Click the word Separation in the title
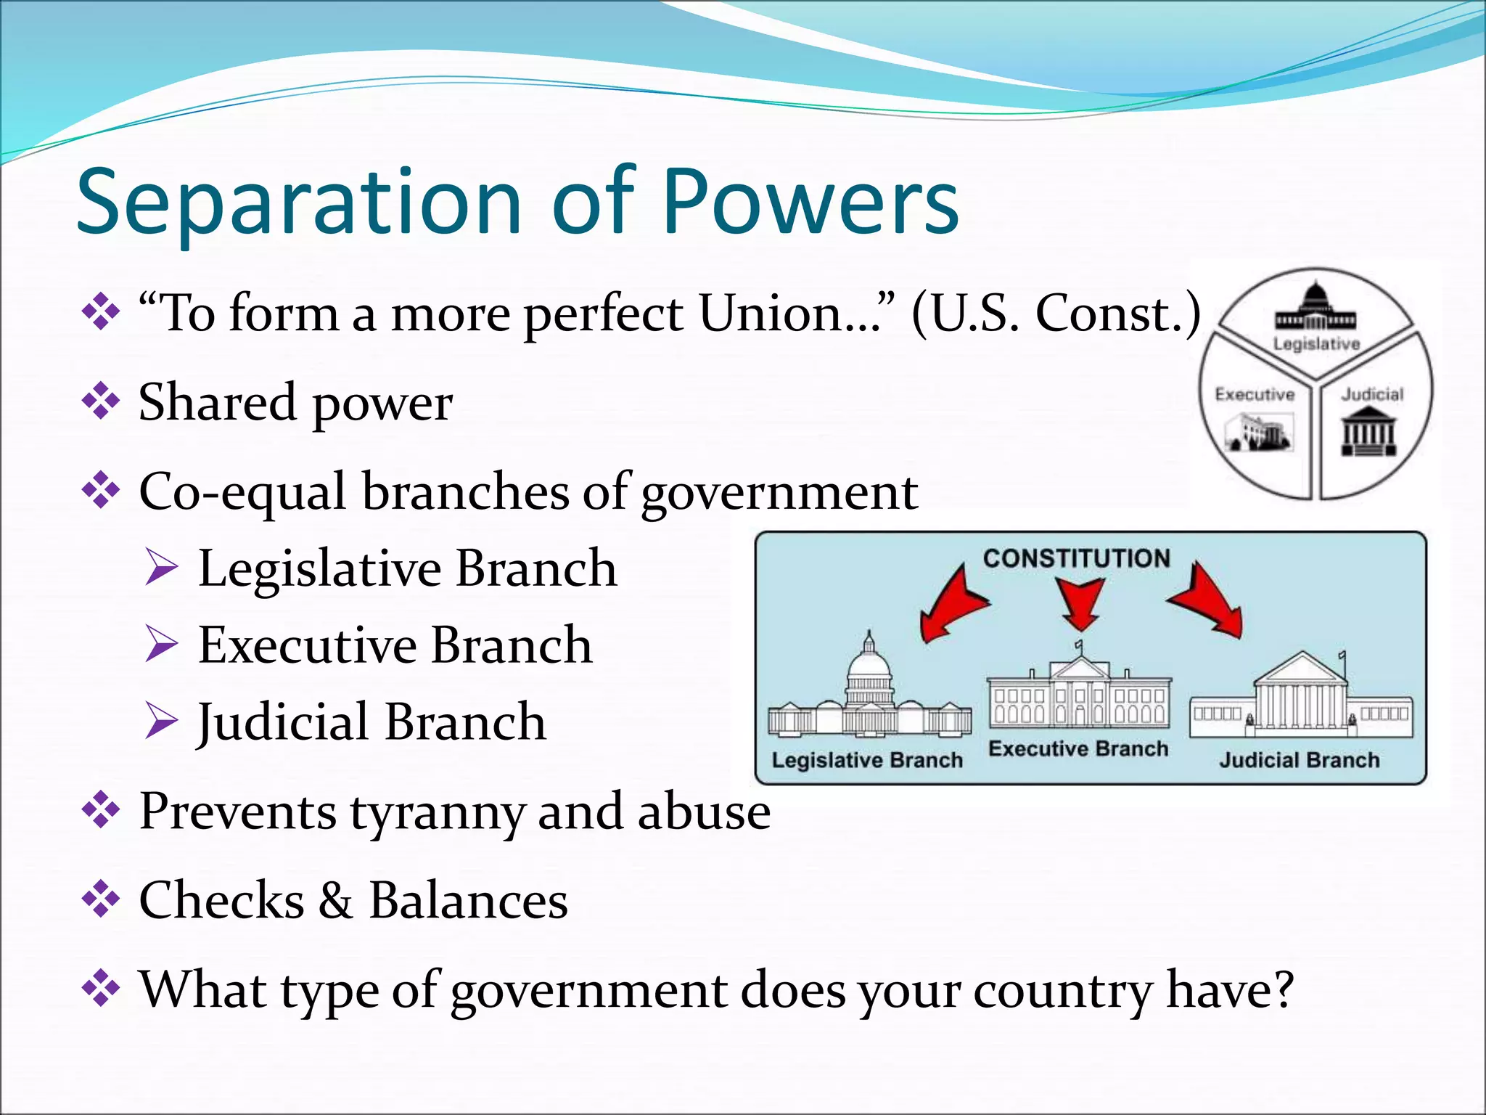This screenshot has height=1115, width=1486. (298, 203)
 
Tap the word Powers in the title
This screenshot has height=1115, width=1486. (810, 203)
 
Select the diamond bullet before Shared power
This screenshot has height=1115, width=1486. (101, 401)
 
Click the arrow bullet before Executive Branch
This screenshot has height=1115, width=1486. (161, 644)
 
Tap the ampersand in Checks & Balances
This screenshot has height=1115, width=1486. (335, 901)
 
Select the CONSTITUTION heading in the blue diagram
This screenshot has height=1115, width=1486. (1076, 558)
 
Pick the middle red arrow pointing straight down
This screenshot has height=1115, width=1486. (1080, 602)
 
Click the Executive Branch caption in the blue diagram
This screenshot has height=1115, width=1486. (1078, 748)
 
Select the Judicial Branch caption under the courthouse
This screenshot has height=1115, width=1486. (1299, 760)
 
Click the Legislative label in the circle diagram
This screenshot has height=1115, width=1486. (1316, 344)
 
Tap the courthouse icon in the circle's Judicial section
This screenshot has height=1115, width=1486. (1368, 431)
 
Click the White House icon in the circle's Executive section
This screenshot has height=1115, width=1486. (1259, 433)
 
